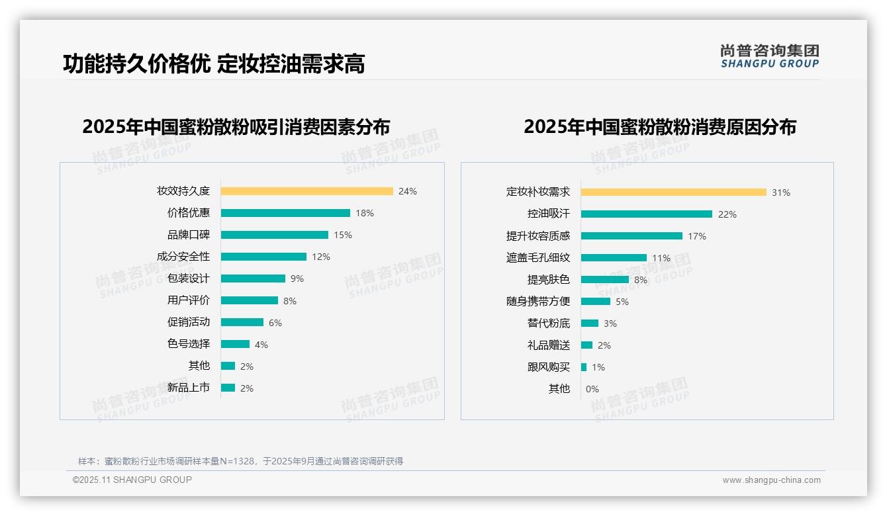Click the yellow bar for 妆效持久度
306,191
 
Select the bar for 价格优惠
285,213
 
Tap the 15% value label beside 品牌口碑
343,235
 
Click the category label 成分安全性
183,257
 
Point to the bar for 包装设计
253,279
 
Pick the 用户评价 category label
189,300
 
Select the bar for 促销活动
242,322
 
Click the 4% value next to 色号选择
261,345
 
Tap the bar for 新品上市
228,388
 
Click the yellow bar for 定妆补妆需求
673,192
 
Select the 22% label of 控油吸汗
727,214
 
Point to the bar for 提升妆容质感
631,236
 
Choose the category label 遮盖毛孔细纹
538,258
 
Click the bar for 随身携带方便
596,302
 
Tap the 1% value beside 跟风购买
598,367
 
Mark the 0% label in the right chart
592,389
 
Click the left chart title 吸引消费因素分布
236,126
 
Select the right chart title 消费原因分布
660,126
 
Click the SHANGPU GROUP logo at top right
770,56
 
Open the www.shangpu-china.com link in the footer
771,480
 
